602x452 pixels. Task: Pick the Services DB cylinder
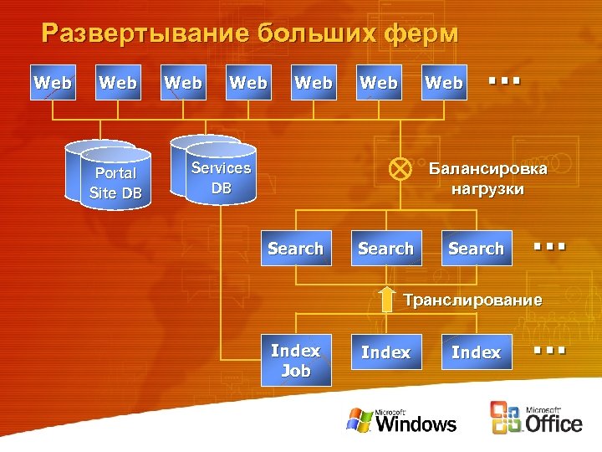point(220,177)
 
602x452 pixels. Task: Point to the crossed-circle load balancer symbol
point(400,168)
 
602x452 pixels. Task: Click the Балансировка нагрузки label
point(487,178)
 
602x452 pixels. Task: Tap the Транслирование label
point(472,300)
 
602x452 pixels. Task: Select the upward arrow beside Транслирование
point(386,299)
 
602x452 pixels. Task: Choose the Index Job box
point(296,361)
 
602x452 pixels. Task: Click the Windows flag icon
point(360,419)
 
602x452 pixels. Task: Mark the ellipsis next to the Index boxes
point(549,348)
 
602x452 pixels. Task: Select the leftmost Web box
point(53,82)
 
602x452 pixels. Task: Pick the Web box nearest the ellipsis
point(444,82)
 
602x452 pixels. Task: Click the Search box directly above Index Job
point(296,248)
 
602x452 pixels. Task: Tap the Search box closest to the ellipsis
point(477,248)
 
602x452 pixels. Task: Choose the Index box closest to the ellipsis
point(477,352)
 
